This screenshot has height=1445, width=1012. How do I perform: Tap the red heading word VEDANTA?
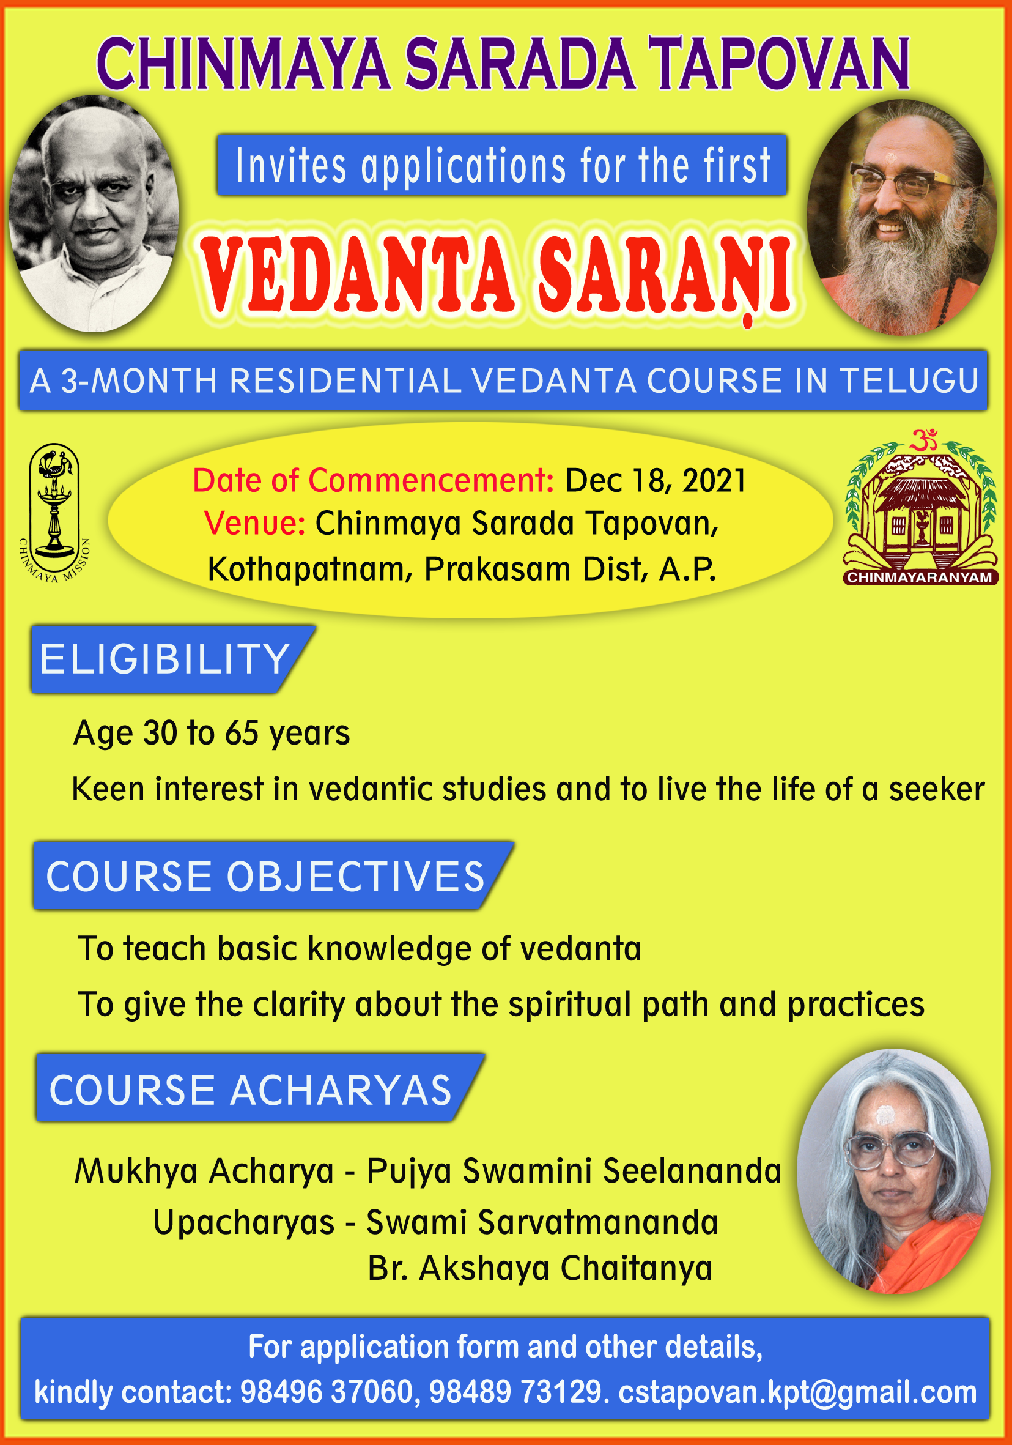(357, 275)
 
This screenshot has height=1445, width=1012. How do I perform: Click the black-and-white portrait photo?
(93, 214)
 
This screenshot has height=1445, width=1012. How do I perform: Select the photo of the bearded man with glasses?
(902, 217)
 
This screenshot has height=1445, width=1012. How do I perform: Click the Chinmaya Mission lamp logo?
(54, 511)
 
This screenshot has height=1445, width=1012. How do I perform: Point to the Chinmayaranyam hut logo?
(921, 508)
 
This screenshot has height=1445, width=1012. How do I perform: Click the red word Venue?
(255, 524)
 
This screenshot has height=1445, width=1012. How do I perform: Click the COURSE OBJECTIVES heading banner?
(273, 875)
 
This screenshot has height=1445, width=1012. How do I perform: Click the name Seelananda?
(692, 1171)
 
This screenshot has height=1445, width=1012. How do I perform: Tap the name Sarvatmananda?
(597, 1222)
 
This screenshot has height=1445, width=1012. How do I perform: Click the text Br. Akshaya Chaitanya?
(541, 1268)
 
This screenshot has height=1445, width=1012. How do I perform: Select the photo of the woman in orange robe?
(893, 1171)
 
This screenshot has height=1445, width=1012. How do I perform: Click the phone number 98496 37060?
(326, 1392)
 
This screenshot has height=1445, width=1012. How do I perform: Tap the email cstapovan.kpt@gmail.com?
(797, 1393)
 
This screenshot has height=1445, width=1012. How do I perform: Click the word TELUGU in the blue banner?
(909, 381)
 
